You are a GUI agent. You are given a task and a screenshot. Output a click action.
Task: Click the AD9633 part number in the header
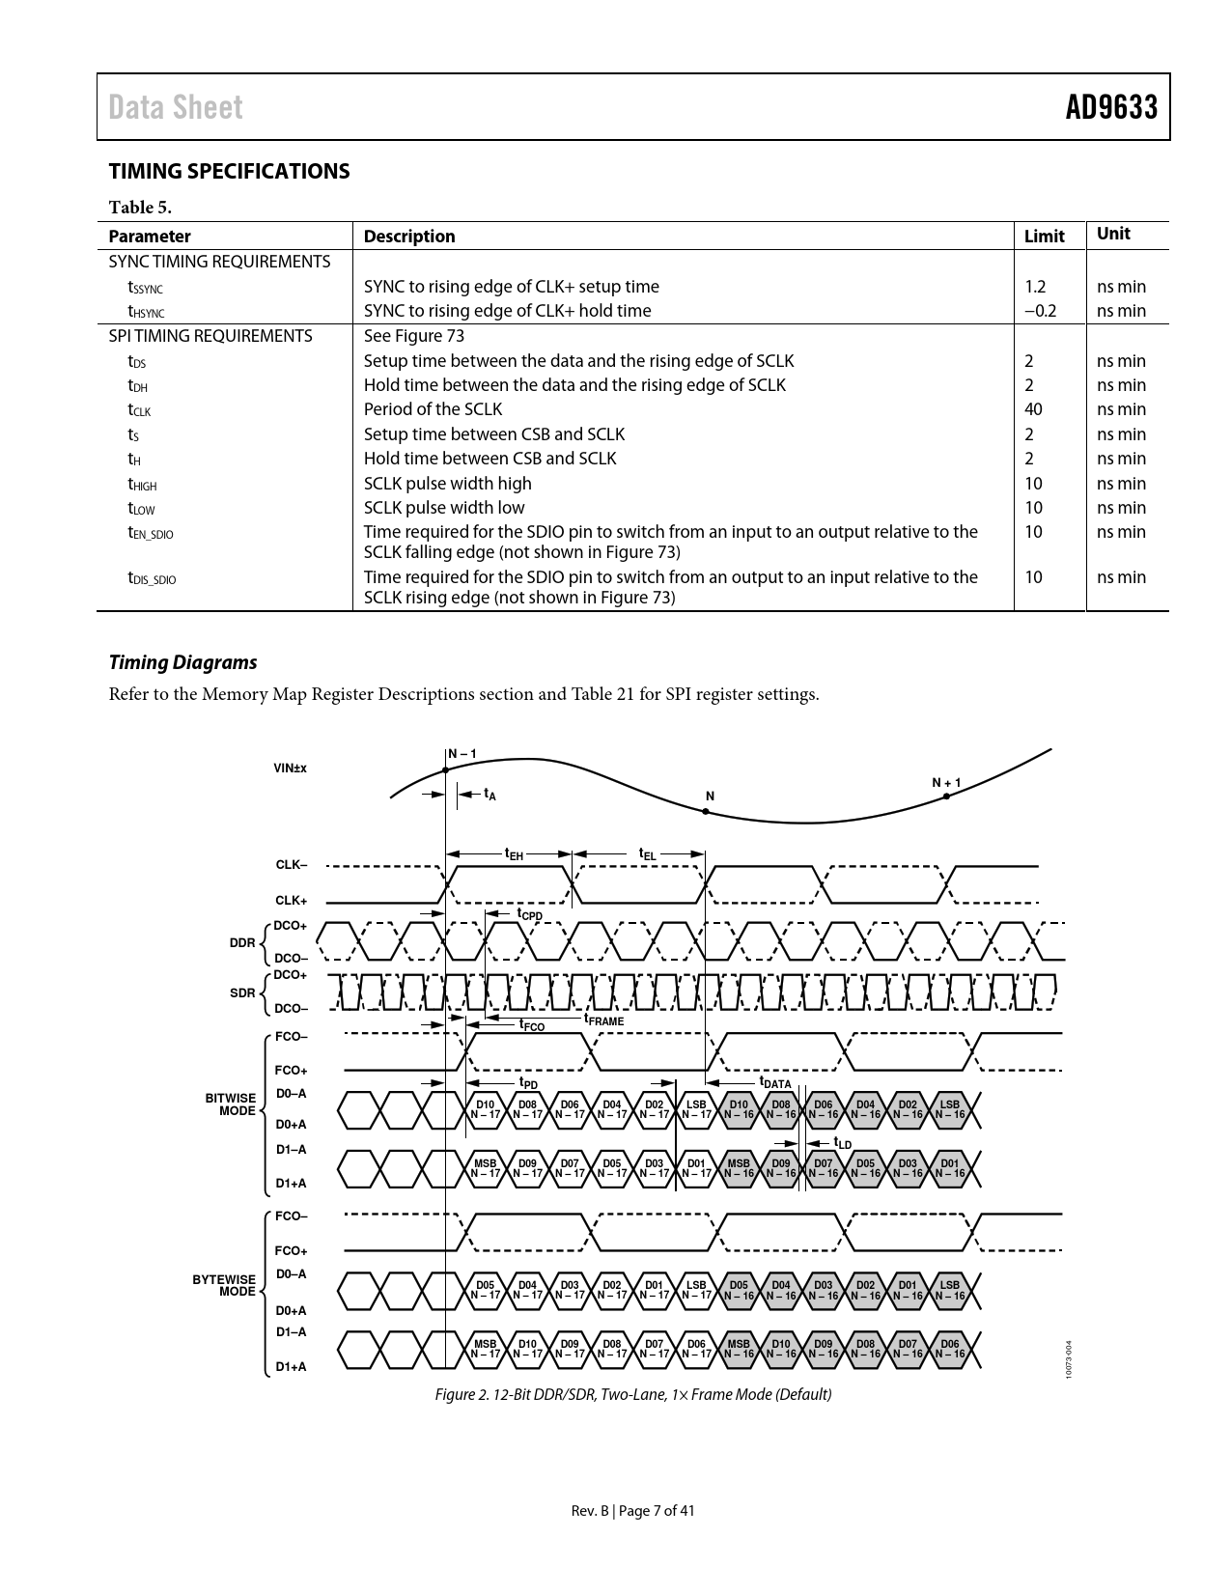coord(1110,107)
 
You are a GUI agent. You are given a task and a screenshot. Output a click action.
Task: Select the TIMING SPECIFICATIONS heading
coord(229,171)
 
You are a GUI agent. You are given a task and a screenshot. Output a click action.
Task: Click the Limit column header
coord(1044,237)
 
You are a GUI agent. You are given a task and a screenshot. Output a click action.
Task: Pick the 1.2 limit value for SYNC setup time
coord(1034,287)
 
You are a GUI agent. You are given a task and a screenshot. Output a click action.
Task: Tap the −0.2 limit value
coord(1040,311)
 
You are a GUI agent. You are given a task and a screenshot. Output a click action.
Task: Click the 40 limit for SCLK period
coord(1033,409)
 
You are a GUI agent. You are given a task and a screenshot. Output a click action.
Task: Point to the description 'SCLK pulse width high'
coord(447,483)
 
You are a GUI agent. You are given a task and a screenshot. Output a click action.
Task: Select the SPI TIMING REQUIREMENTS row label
coord(210,336)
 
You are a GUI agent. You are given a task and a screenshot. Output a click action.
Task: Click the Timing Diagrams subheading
coord(182,662)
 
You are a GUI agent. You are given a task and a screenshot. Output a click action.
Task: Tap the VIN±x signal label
coord(290,769)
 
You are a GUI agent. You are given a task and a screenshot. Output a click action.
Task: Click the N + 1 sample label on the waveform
coord(946,782)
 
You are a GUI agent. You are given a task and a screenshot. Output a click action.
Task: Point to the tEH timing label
coord(514,854)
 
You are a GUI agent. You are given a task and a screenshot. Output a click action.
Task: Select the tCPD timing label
coord(529,913)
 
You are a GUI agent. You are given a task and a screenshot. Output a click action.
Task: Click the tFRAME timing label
coord(603,1020)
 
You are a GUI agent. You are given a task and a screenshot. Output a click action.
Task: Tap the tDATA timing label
coord(774,1083)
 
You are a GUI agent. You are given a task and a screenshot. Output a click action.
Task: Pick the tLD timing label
coord(842,1144)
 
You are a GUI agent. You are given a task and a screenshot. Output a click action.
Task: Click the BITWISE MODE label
coord(231,1104)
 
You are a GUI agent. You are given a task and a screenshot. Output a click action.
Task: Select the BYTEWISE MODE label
coord(224,1285)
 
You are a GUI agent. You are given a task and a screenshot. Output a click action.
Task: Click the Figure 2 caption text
coord(632,1394)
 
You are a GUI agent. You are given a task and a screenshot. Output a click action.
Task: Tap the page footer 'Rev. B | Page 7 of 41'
coord(632,1511)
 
